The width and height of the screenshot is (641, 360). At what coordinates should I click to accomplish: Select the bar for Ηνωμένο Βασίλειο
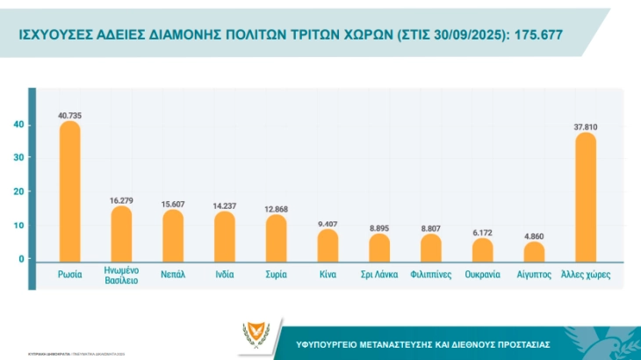click(121, 233)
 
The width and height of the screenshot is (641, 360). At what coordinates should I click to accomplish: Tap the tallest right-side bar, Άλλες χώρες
click(585, 197)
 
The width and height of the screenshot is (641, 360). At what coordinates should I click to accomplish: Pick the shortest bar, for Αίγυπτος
click(534, 251)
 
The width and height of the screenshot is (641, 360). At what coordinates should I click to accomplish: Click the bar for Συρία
click(276, 237)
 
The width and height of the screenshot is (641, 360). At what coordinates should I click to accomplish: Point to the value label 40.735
click(69, 115)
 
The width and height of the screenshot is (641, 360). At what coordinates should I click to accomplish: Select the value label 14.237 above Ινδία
click(224, 205)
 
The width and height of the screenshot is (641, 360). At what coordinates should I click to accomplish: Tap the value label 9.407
click(328, 223)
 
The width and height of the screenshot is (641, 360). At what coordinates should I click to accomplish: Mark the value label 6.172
click(482, 232)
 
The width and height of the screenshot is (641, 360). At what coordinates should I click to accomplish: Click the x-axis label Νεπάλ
click(172, 274)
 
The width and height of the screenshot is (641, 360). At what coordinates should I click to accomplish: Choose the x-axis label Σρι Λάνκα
click(379, 274)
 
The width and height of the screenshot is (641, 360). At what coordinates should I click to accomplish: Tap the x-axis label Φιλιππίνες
click(430, 274)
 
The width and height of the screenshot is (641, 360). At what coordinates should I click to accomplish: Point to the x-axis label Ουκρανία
click(482, 274)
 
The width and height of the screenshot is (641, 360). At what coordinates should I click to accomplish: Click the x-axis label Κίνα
click(328, 274)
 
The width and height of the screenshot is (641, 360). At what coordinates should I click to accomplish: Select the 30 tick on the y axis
click(18, 158)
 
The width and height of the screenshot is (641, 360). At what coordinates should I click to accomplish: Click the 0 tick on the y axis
click(21, 259)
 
